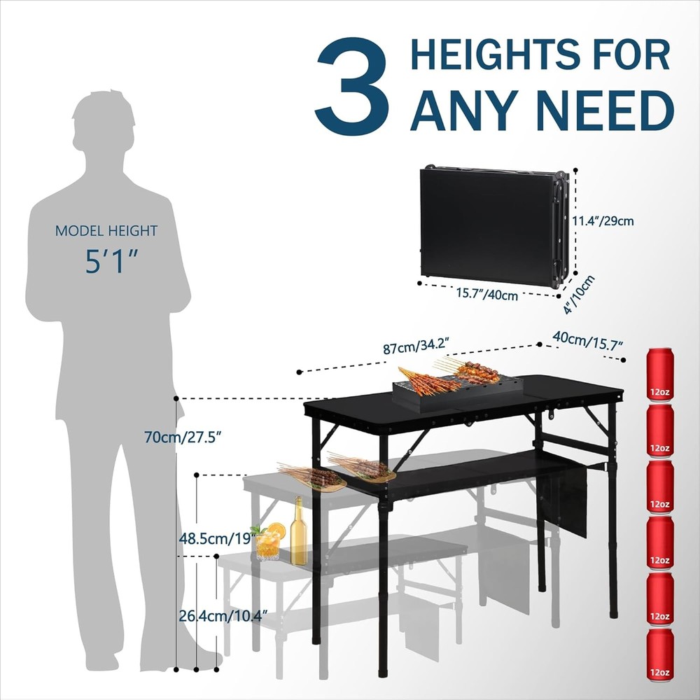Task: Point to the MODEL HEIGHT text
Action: (106, 231)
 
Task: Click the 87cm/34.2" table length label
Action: (416, 347)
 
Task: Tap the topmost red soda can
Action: (659, 374)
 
